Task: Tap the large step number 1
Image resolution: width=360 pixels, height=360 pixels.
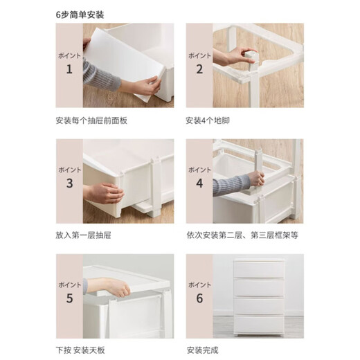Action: coord(69,69)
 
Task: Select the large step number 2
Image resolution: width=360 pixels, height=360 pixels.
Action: coord(199,69)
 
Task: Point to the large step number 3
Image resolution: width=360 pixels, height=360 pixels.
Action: coord(69,183)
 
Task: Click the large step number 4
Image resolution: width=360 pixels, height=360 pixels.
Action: coord(199,183)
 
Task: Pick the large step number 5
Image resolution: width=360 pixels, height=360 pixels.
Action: coord(69,299)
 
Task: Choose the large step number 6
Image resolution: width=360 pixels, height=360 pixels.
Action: coord(199,299)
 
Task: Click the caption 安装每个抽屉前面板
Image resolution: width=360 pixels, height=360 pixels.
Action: coord(91,120)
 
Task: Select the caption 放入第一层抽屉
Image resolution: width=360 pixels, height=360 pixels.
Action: coord(83,235)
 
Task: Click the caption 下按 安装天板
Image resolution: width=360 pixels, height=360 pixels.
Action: coord(83,350)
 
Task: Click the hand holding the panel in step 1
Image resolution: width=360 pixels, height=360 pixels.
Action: coord(145,87)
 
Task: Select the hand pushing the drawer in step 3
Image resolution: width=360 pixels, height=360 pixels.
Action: coord(104,192)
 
